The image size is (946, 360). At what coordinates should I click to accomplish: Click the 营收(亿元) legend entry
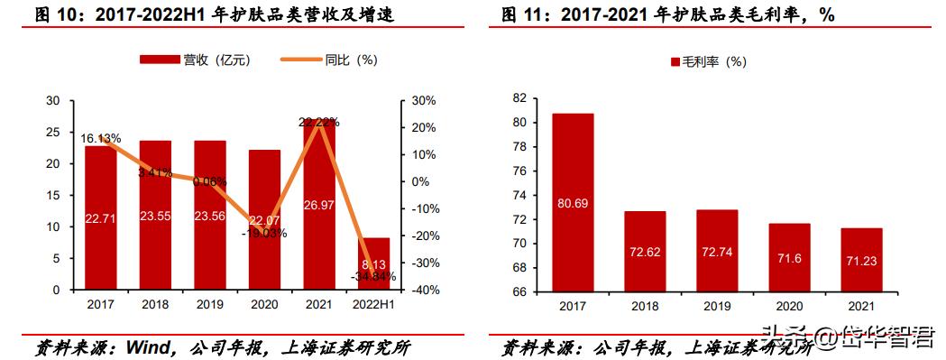coord(195,60)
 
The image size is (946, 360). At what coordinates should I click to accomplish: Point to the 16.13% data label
coord(101,139)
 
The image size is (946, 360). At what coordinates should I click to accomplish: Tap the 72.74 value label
coord(717,252)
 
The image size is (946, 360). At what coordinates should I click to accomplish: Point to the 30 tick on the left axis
coord(53,101)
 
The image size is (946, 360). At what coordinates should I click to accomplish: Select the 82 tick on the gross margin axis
coord(519,97)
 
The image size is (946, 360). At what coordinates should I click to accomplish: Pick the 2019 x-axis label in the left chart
coord(209,306)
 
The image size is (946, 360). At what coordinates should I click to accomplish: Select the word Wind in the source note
coord(148,347)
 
